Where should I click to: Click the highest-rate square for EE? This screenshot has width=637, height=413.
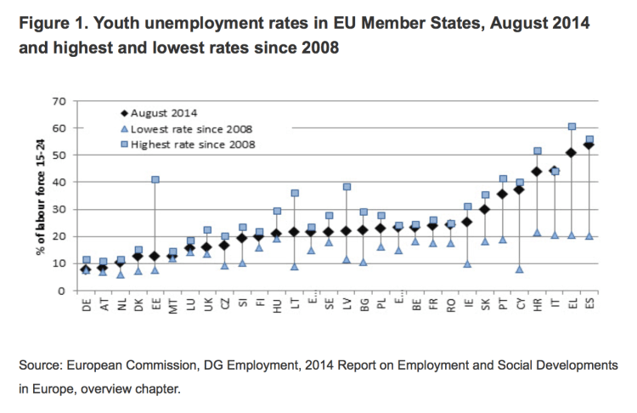(x=155, y=179)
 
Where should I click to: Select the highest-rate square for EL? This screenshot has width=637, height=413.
(x=572, y=127)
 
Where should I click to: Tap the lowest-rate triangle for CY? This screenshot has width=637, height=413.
(x=519, y=269)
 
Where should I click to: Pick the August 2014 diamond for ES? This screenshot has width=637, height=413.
(x=589, y=144)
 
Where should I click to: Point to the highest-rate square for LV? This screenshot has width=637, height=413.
(x=347, y=187)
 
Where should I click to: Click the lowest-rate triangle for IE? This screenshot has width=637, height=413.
(x=467, y=263)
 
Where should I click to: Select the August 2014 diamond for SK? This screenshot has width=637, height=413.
(x=485, y=209)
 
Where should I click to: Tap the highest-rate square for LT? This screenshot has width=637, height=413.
(x=295, y=193)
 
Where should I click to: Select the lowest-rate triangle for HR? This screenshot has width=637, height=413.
(x=537, y=232)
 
